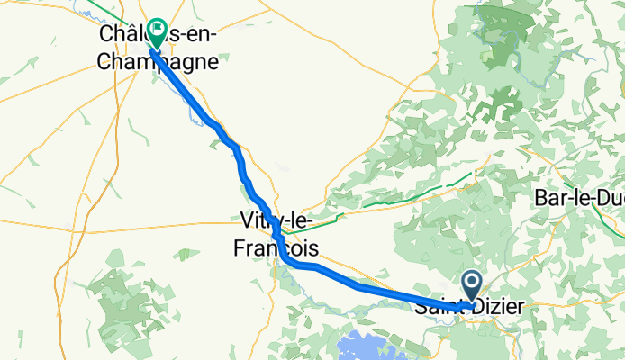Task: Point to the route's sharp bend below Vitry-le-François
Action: (x=285, y=260)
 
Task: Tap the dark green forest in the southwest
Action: (x=135, y=301)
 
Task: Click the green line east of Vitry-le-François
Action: (x=378, y=205)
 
